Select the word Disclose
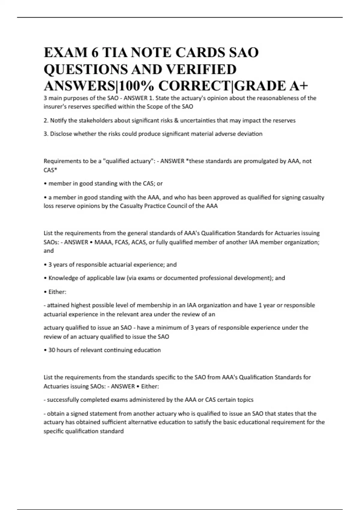pyautogui.click(x=61, y=134)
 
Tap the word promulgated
pyautogui.click(x=261, y=161)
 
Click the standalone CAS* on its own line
pyautogui.click(x=50, y=170)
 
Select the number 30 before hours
pyautogui.click(x=52, y=350)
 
